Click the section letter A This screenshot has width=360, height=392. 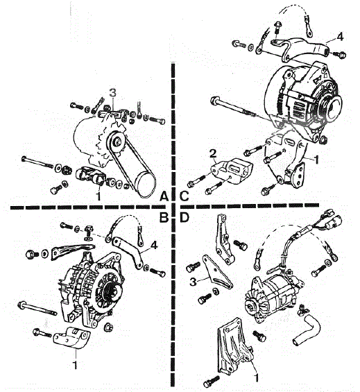(164, 196)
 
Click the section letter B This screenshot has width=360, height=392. (164, 218)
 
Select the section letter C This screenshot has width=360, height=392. (185, 196)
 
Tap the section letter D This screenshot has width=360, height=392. (185, 218)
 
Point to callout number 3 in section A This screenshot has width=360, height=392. (113, 93)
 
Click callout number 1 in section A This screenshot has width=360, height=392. (98, 196)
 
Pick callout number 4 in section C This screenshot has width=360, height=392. (340, 37)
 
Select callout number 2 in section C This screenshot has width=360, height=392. (213, 154)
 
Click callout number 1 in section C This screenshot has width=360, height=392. (316, 160)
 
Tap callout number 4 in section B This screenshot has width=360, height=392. (154, 245)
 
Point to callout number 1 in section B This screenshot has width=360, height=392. (75, 365)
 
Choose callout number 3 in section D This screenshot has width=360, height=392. (193, 282)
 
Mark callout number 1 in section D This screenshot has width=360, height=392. (256, 377)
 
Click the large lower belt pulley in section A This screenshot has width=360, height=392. (146, 184)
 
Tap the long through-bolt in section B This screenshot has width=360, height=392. (37, 309)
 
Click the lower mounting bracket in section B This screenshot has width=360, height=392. (72, 337)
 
